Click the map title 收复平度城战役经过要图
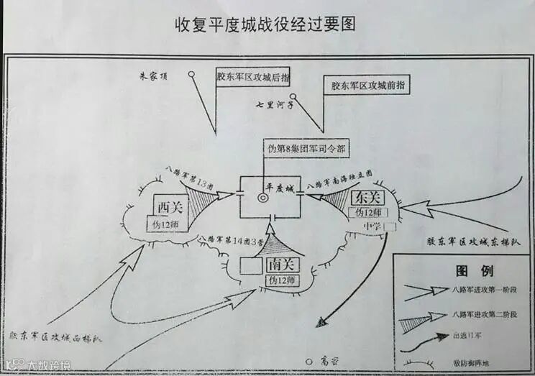[267, 23]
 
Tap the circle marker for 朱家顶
[192, 73]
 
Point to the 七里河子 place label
[274, 104]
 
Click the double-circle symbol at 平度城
[262, 197]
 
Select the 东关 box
[366, 196]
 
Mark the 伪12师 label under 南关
[281, 279]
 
